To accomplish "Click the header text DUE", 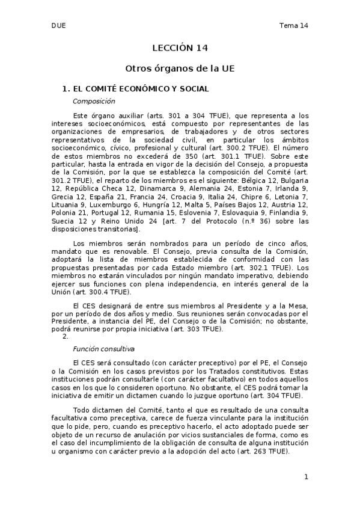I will click(x=58, y=25).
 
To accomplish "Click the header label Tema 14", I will click(x=294, y=25).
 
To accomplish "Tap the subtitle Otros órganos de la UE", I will click(x=179, y=69).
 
